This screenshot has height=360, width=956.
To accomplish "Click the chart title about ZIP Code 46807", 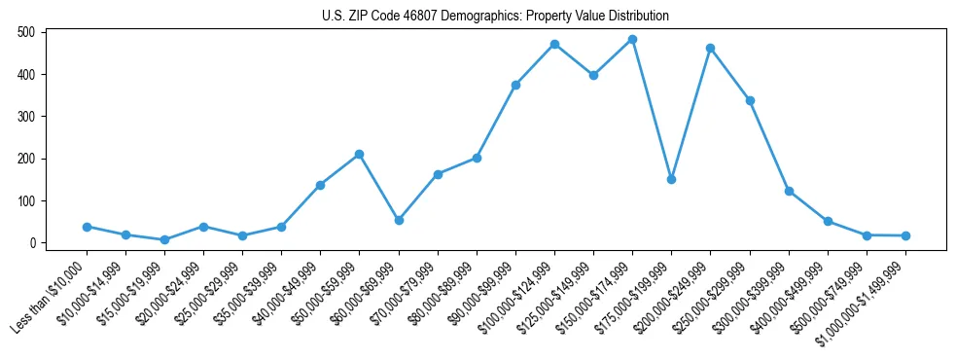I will pos(495,16).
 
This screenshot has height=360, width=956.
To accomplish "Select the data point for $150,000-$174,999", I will pos(632,40).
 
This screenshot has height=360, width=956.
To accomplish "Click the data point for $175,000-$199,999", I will pos(671,179).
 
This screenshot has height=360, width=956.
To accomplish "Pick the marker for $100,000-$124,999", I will pos(554,44).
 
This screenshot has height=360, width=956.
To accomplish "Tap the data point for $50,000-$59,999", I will pos(359,154).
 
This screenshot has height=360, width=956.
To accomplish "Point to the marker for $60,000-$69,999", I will pos(398,220).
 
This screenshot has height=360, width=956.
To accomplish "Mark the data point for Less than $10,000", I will pos(87,227).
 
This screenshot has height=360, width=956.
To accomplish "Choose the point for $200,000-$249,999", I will pos(710,48).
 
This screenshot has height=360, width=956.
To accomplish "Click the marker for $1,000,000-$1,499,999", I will pos(905,235).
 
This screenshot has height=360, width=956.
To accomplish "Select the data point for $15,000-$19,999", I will pos(164,239).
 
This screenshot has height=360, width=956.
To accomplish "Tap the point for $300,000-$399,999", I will pos(789,191).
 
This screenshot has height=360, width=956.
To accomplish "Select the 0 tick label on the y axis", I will pos(33,243).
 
